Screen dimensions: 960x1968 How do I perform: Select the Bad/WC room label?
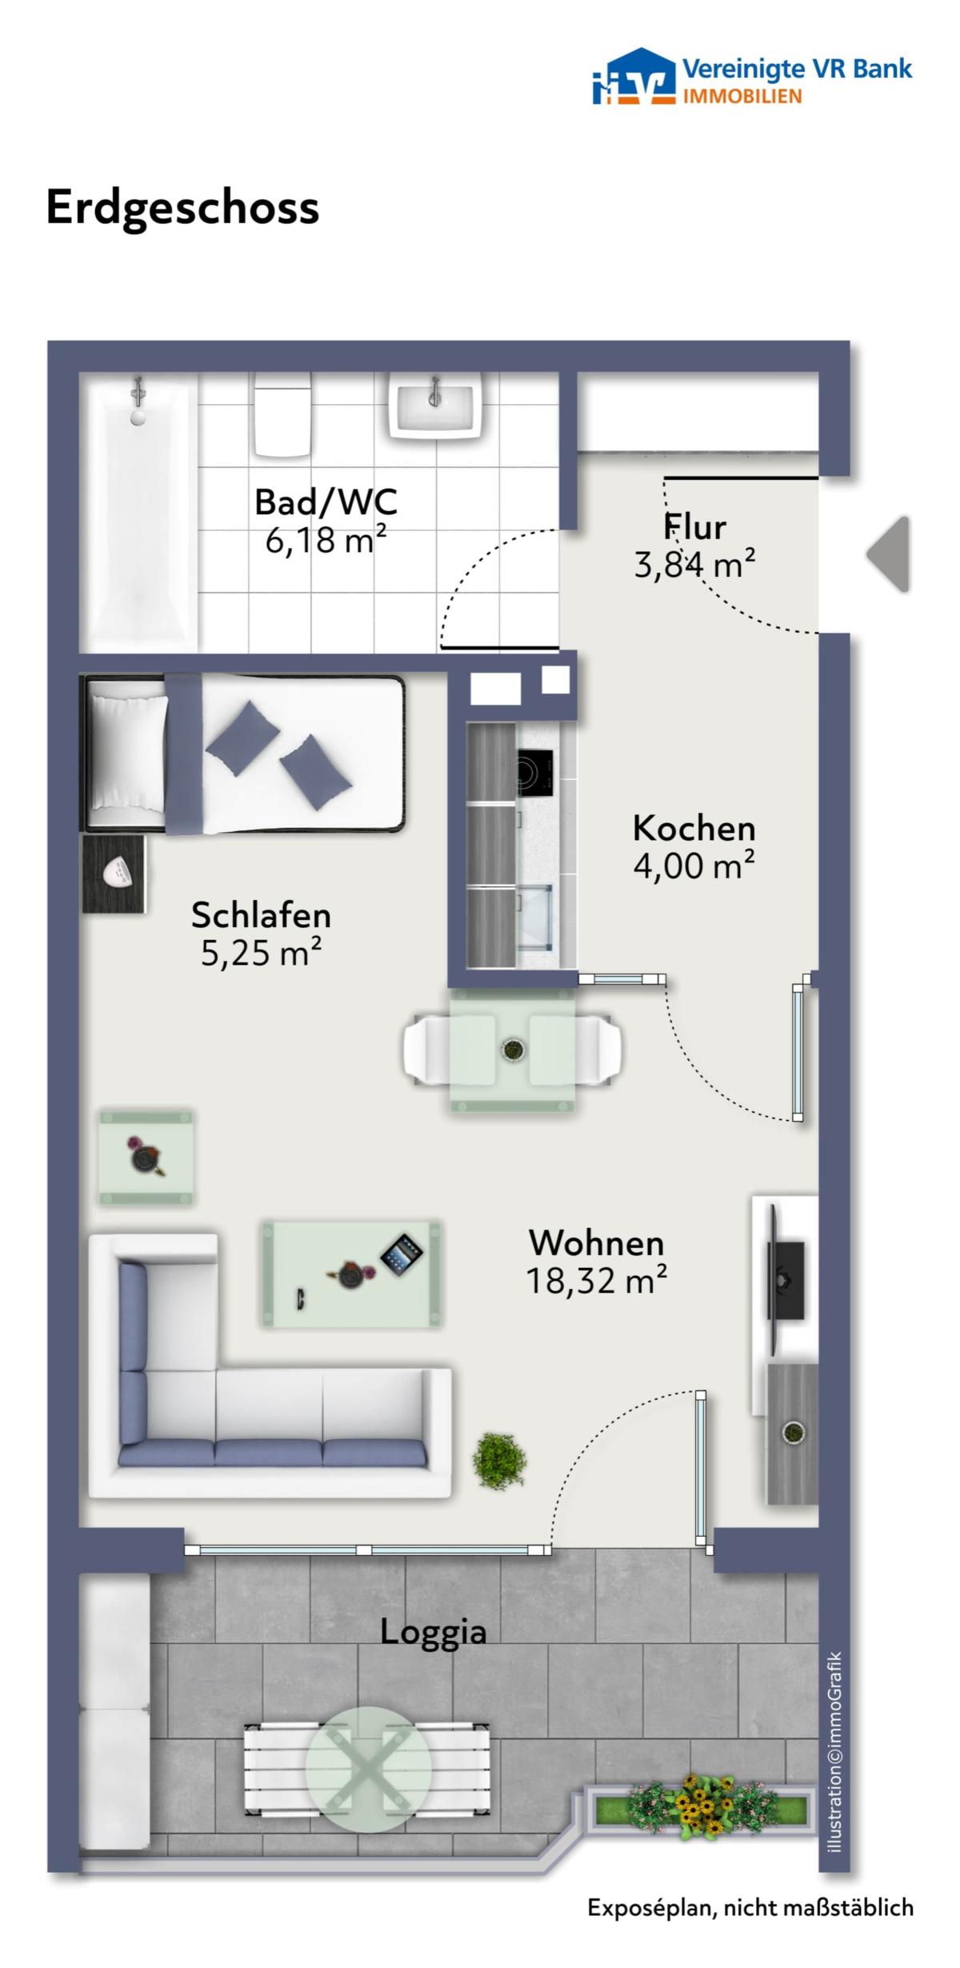tap(326, 502)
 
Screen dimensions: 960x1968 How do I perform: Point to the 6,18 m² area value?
tap(326, 541)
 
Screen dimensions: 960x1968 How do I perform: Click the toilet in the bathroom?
tap(282, 416)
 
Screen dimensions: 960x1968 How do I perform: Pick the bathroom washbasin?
tap(436, 407)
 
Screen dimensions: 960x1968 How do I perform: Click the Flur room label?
tap(695, 527)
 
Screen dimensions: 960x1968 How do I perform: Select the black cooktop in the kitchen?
tap(534, 773)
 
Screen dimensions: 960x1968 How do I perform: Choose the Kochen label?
tap(694, 829)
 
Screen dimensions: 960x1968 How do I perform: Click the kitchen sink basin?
tap(535, 917)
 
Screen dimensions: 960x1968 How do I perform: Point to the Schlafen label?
tap(261, 915)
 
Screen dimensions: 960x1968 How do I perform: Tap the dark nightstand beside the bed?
tap(114, 874)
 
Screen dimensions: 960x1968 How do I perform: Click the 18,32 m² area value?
tap(596, 1281)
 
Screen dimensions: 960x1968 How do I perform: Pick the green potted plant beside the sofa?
tap(500, 1461)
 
